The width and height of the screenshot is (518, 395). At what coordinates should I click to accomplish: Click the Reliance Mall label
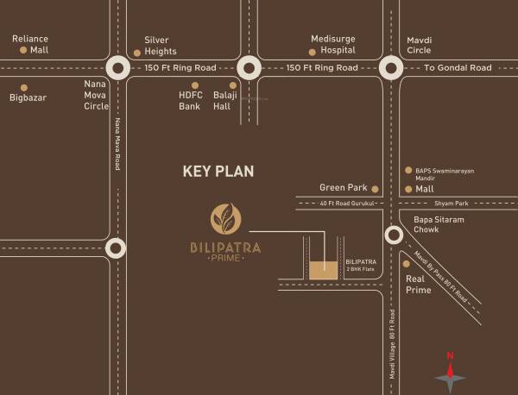point(29,44)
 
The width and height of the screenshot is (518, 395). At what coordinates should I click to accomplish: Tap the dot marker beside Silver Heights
point(137,53)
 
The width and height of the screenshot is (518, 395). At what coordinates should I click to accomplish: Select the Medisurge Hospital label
point(332,44)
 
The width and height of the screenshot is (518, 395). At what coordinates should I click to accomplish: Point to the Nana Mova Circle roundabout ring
point(117,68)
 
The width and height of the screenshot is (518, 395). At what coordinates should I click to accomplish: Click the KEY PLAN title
point(218,171)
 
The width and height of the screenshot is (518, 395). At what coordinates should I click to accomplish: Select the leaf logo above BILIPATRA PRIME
point(225,218)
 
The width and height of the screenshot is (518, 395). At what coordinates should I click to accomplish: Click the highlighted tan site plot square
point(325,268)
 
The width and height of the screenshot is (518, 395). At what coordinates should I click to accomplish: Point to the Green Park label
point(344,187)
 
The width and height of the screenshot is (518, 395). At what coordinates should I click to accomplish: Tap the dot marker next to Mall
point(408,188)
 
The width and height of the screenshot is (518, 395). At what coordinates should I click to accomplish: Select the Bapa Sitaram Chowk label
point(439,225)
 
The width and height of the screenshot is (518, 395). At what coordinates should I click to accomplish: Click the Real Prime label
point(419,285)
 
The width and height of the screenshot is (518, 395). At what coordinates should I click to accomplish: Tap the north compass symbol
point(450,373)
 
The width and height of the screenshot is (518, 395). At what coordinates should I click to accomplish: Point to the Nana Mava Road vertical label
point(117,143)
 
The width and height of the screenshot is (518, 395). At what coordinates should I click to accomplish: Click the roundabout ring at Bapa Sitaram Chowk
point(393,234)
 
